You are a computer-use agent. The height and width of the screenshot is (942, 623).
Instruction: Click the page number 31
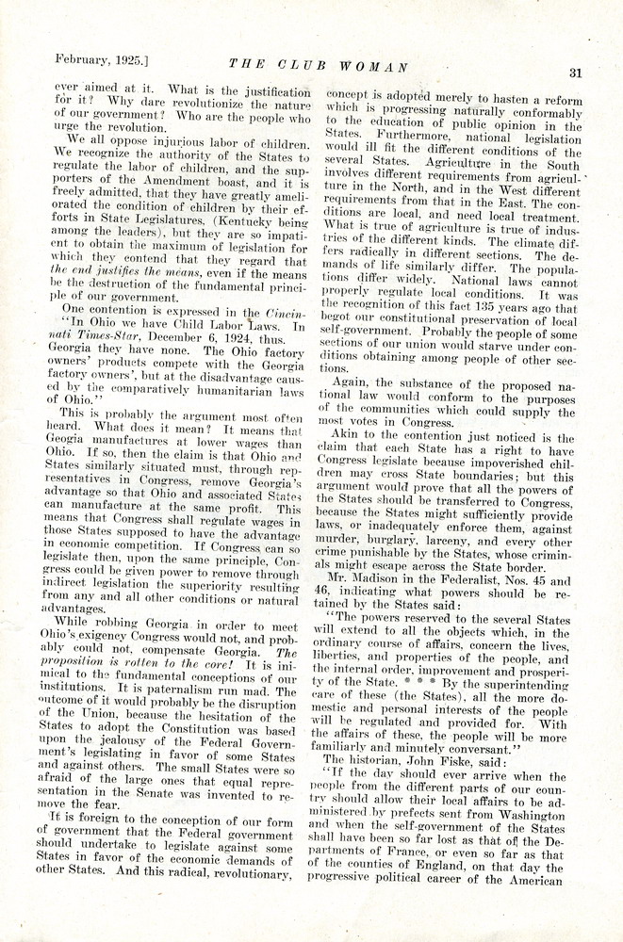[x=577, y=73]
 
